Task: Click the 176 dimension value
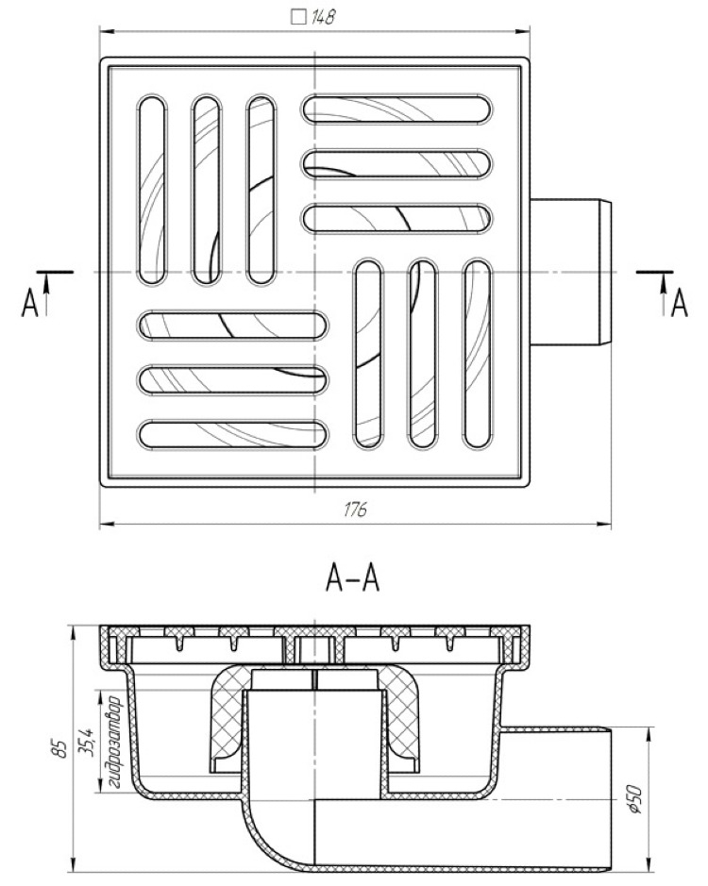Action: pyautogui.click(x=355, y=510)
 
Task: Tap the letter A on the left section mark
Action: pyautogui.click(x=29, y=304)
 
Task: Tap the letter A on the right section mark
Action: pyautogui.click(x=678, y=304)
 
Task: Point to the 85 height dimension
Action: pyautogui.click(x=59, y=750)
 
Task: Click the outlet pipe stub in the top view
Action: pyautogui.click(x=572, y=272)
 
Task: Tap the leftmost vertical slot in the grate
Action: pyautogui.click(x=151, y=188)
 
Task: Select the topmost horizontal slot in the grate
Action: pyautogui.click(x=397, y=109)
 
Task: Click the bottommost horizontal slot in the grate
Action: pyautogui.click(x=234, y=434)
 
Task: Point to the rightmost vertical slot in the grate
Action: pyautogui.click(x=477, y=355)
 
